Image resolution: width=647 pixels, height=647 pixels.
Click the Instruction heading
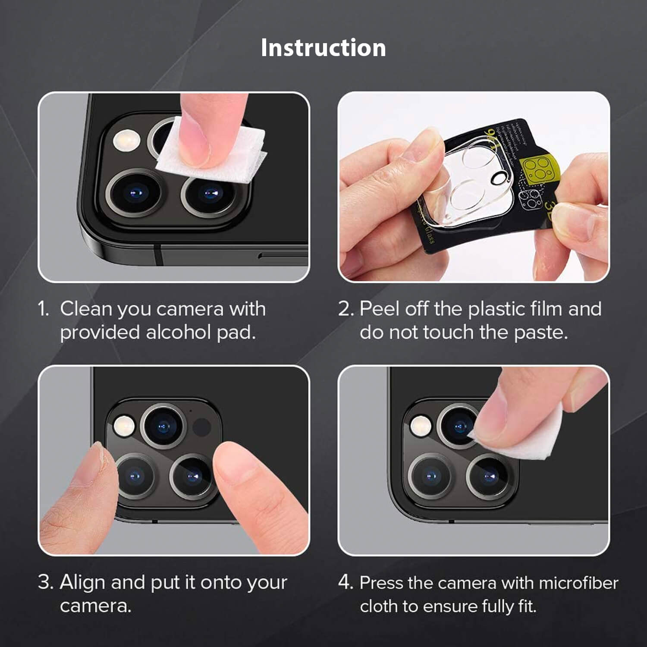point(323,47)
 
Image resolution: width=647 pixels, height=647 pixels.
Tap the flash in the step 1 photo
point(126,140)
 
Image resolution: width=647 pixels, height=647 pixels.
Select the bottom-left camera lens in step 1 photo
point(135,193)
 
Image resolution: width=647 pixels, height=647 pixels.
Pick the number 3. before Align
point(46,582)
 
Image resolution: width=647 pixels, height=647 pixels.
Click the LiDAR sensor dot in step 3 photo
point(201,427)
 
